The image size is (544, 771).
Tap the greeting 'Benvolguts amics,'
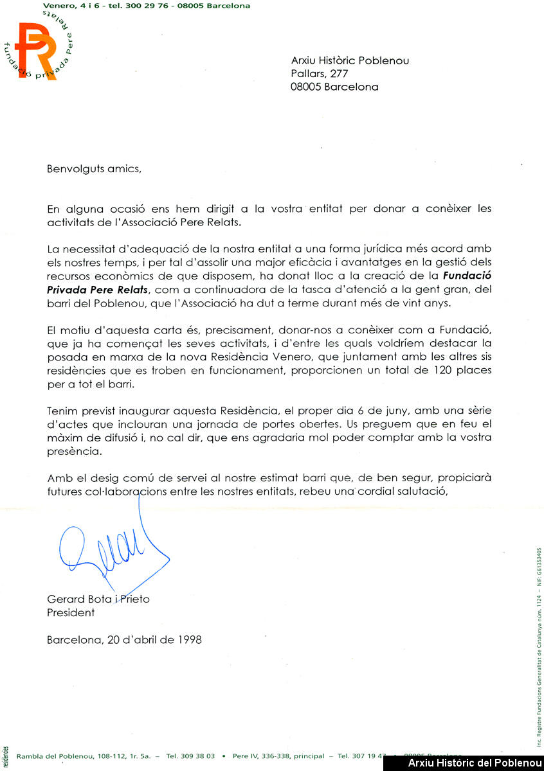click(x=93, y=170)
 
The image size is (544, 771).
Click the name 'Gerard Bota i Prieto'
click(x=98, y=599)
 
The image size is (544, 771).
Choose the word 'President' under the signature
click(x=71, y=612)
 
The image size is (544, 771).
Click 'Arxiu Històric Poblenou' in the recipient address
click(x=350, y=61)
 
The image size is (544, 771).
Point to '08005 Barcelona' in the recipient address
click(x=334, y=87)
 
